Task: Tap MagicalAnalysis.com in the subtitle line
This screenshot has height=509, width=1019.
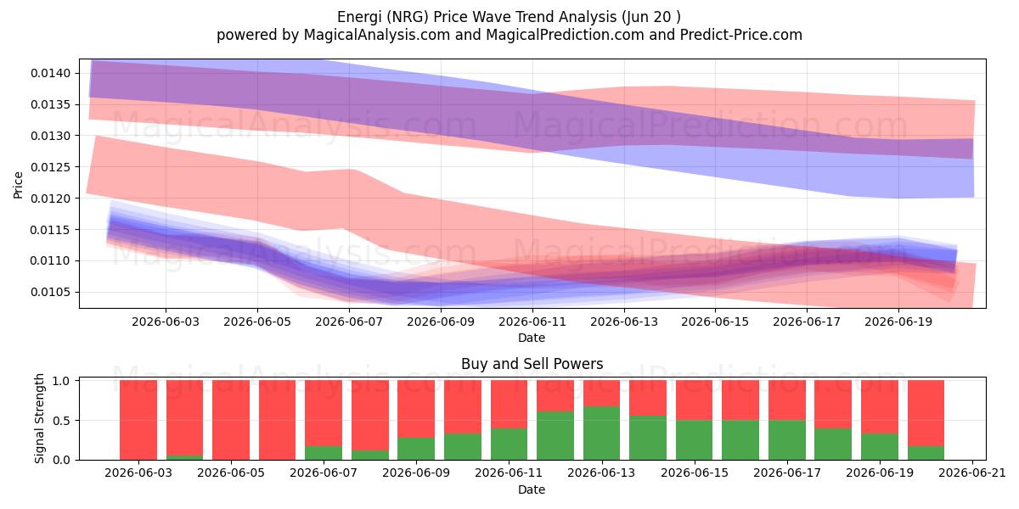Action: point(377,35)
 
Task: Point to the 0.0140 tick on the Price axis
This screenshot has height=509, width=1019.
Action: point(51,73)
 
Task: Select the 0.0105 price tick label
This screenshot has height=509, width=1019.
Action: point(51,292)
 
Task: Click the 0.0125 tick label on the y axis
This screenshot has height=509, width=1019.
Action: point(51,167)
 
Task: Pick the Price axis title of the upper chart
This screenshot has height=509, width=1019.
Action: point(18,185)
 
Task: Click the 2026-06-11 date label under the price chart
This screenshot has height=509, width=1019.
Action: point(532,322)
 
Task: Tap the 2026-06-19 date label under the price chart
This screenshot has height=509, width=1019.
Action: point(898,322)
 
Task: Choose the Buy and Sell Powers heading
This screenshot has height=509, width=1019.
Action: point(532,364)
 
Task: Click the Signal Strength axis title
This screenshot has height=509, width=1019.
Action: point(40,418)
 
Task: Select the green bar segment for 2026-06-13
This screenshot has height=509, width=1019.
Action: point(602,433)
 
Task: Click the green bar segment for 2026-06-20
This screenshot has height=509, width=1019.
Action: point(926,453)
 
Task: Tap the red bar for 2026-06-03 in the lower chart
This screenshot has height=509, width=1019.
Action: point(138,420)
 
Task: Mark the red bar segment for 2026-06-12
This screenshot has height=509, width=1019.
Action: point(555,396)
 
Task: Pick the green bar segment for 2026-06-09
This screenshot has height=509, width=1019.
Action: point(416,449)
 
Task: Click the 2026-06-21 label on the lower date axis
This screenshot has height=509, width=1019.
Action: point(972,473)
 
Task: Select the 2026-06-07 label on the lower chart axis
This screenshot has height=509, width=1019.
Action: point(324,473)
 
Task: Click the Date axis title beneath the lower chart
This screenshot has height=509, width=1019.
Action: point(532,489)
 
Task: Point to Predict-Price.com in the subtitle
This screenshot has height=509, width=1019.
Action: point(741,35)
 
